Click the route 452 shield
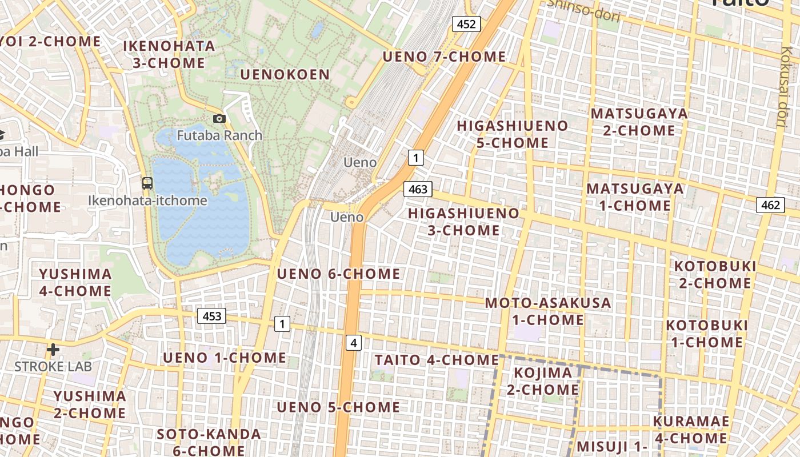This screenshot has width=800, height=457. tap(466, 23)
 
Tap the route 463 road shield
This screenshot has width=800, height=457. tap(418, 189)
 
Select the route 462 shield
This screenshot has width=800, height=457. tap(770, 205)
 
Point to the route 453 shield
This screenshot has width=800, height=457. tap(212, 316)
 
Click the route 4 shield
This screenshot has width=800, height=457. tap(354, 343)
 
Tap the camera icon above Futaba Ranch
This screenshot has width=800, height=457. tap(219, 119)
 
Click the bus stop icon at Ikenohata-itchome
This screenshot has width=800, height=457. tap(147, 183)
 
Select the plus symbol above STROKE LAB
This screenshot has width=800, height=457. tap(53, 349)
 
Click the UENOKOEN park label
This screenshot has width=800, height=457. tap(285, 75)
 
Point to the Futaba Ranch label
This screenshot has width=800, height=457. tap(219, 135)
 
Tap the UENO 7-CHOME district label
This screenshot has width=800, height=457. tap(444, 57)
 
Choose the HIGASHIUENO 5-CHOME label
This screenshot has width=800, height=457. tap(513, 134)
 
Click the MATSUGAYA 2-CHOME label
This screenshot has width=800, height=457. tap(639, 122)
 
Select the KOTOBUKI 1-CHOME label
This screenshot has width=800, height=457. tap(707, 334)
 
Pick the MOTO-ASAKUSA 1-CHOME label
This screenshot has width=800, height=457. tap(548, 311)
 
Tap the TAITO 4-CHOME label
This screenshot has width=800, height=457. tap(437, 360)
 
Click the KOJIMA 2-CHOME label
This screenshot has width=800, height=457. tap(543, 381)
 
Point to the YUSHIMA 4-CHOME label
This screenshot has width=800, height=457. tap(75, 282)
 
